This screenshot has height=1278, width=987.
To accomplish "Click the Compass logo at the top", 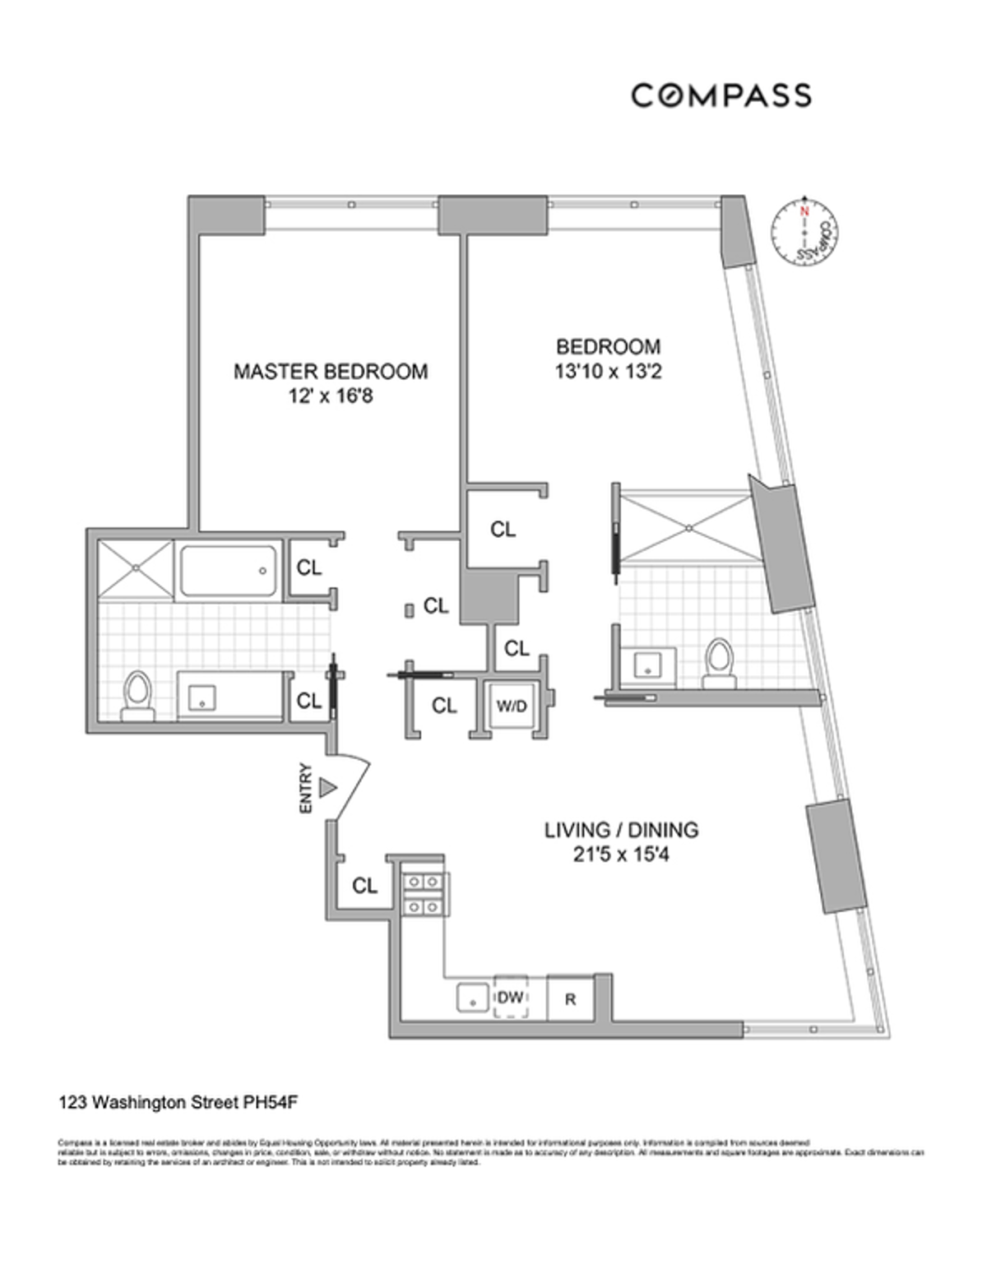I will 721,95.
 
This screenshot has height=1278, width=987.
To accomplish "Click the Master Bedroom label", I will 331,371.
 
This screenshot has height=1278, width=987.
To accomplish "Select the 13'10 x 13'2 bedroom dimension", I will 608,372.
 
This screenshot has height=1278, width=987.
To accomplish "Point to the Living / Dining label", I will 621,830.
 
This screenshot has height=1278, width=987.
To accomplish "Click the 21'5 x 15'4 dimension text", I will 621,855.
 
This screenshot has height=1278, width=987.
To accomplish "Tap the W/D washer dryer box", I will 511,706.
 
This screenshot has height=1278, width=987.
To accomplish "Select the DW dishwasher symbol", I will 511,998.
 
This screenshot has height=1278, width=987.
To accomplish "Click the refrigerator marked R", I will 570,999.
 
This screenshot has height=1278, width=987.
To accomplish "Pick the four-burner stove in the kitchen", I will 424,895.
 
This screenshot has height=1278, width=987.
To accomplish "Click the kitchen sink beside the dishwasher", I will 473,998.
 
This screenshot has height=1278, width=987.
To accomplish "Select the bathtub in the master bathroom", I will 229,571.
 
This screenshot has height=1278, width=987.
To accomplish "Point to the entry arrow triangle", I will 328,788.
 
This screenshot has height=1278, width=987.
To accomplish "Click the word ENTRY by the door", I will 306,789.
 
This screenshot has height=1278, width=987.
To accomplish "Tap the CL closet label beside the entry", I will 364,886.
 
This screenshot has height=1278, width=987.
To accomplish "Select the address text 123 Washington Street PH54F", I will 178,1102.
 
